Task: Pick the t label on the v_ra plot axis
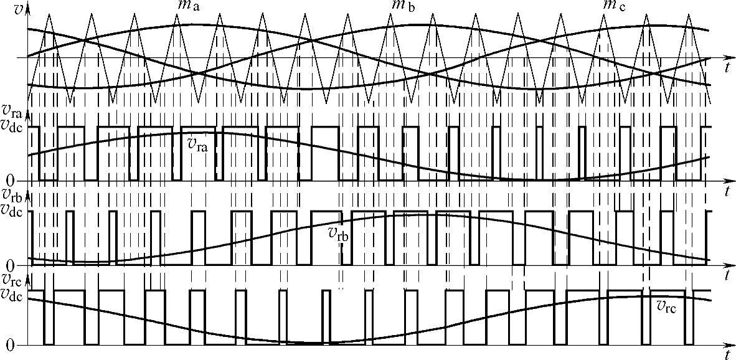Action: pos(727,192)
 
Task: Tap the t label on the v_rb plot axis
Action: pos(727,275)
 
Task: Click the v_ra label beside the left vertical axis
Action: pos(12,112)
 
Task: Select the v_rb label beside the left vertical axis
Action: pos(12,197)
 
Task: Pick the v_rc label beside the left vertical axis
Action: pos(12,281)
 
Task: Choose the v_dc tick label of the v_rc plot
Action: pos(12,295)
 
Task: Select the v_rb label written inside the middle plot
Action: pos(339,234)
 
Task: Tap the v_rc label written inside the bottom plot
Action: pos(667,306)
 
